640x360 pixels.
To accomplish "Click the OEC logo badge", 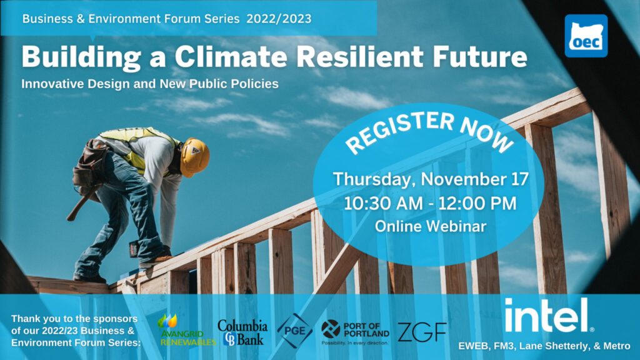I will tap(586, 36).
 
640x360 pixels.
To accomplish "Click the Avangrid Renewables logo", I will tap(186, 329).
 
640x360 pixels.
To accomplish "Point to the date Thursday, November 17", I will tap(431, 179).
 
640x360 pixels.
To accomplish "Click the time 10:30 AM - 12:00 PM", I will tap(431, 203).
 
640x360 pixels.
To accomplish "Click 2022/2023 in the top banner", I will tap(279, 19).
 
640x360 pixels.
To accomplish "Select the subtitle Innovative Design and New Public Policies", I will tap(150, 83).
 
